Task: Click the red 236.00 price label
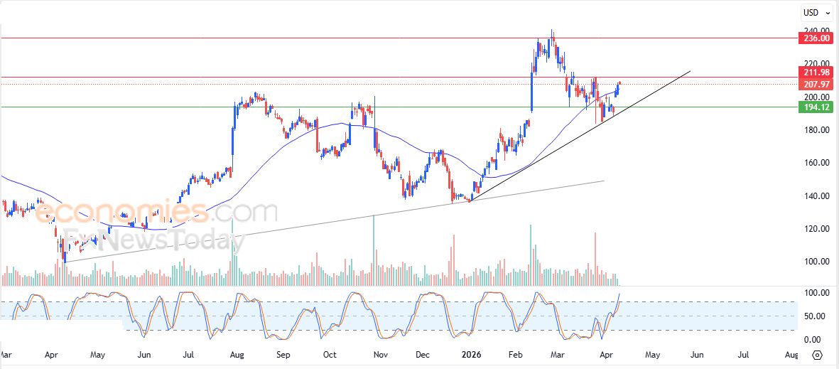814,38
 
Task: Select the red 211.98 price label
814,73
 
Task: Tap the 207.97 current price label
814,85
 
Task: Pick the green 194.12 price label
814,107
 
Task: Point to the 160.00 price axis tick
814,163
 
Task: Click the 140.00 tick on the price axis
814,196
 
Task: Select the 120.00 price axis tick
814,229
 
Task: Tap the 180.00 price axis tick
814,130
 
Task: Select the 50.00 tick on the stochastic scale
813,316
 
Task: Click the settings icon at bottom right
817,355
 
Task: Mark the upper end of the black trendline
690,71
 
